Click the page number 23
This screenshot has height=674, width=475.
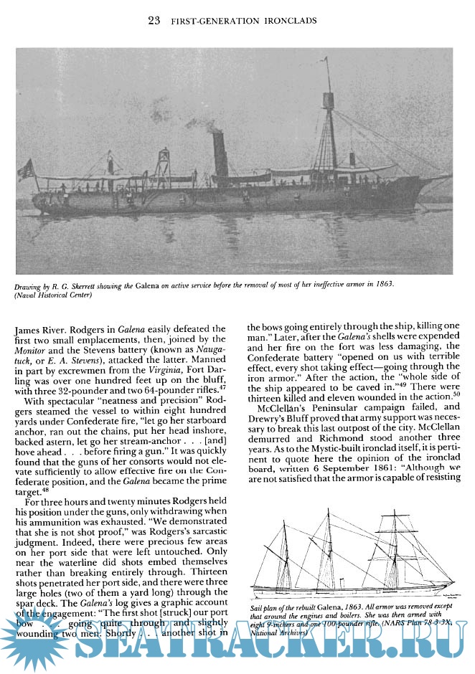click(x=153, y=20)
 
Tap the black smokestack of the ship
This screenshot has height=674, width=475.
click(x=221, y=155)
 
